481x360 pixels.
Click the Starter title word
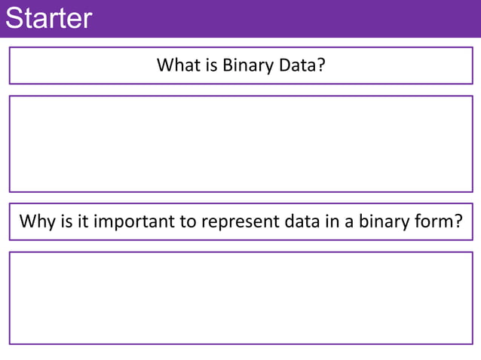[48, 18]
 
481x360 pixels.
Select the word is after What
[211, 66]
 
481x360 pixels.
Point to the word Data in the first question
[296, 66]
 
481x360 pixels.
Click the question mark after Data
[321, 66]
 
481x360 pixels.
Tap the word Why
[35, 222]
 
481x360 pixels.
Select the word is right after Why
[63, 222]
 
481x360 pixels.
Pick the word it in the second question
[79, 222]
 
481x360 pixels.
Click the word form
[432, 222]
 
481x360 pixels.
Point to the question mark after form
[456, 222]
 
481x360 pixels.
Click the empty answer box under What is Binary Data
[240, 144]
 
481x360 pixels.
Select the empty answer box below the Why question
[240, 298]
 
